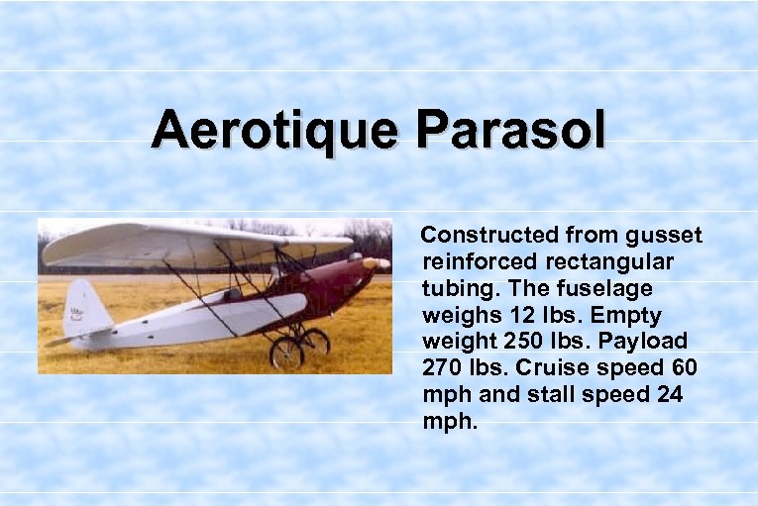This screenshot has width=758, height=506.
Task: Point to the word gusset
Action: click(665, 236)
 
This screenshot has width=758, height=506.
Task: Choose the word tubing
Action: click(454, 289)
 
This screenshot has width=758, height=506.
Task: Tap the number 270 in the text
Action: click(441, 368)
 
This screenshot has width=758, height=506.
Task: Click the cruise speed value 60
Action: click(685, 368)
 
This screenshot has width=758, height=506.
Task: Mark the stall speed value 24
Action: click(667, 395)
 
